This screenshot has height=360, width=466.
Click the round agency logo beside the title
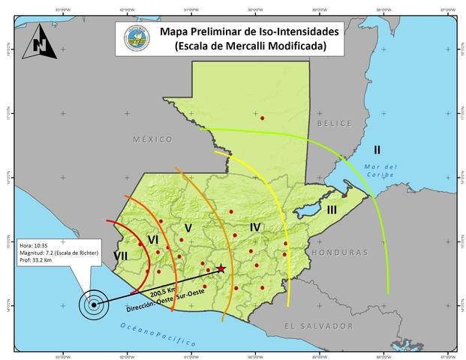point(136,39)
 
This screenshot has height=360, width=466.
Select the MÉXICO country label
point(152,139)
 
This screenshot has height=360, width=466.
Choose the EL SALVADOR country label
point(318,326)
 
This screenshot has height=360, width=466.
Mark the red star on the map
point(221,268)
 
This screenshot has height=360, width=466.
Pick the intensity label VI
point(152,239)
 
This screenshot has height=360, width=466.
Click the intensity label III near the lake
point(332,210)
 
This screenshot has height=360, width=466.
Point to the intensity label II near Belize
point(377,148)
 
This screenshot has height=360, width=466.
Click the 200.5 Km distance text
point(163,290)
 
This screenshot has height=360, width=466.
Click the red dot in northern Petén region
point(262,118)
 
